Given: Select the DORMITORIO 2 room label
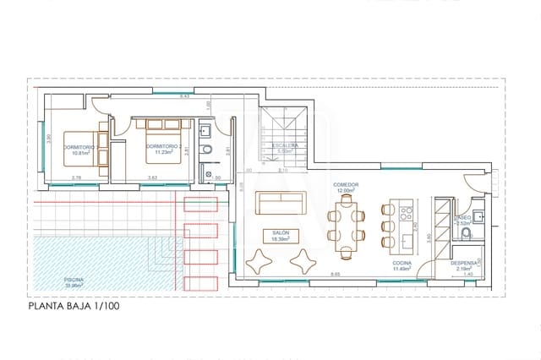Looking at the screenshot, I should point(162,146).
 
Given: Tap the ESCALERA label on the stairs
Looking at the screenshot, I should point(285,145).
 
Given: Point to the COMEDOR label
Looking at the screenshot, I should point(346,184).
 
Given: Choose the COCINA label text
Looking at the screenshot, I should point(402,263).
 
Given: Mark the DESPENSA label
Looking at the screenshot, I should point(467,262).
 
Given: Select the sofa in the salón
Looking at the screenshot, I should point(281,204).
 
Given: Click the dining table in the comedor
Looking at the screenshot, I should point(347,226).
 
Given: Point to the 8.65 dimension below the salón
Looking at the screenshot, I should point(336,274).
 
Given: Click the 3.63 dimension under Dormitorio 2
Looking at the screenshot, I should point(152,177).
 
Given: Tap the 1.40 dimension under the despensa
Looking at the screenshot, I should point(467,275).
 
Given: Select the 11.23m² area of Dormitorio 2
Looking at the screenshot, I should point(162,152).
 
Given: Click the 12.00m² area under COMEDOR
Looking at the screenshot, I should point(346,191).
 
